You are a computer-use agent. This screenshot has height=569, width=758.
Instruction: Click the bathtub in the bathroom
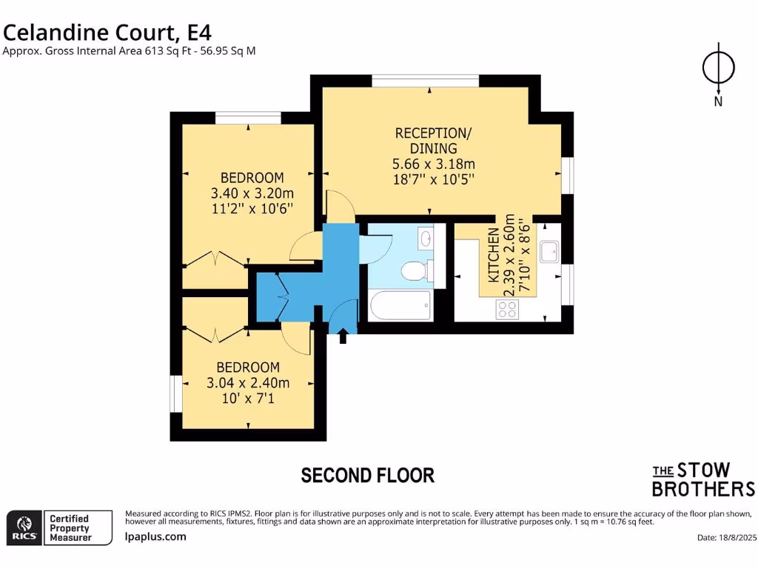(399, 305)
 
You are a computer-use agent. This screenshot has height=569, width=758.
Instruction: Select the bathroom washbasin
(425, 239)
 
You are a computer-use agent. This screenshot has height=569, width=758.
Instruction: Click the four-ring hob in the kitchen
(508, 311)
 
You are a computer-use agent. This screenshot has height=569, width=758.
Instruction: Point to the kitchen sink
(549, 252)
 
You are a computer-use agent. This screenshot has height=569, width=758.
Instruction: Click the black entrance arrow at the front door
(343, 337)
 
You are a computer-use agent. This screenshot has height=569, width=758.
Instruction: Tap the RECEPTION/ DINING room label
(433, 141)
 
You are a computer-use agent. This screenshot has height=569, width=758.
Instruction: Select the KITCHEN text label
(492, 256)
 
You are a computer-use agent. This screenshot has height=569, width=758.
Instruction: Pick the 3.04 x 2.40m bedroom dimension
(248, 383)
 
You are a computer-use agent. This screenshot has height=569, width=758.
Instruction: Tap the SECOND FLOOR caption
(367, 475)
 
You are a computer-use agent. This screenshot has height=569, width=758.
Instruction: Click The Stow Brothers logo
(702, 479)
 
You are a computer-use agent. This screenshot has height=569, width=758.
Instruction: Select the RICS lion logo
(23, 528)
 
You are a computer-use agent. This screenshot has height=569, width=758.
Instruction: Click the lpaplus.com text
(155, 537)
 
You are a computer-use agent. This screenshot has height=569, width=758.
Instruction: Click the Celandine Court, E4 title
(107, 32)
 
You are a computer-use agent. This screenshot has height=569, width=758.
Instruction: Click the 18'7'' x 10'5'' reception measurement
(433, 179)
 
